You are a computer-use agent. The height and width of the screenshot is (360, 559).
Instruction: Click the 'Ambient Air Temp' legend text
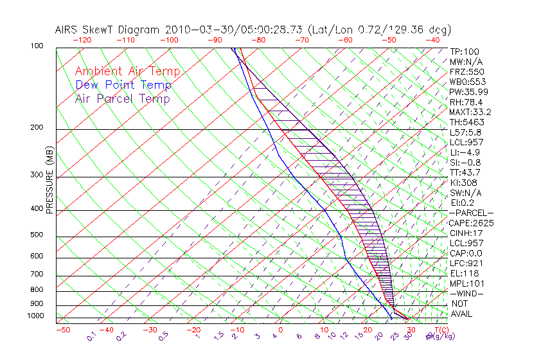pyautogui.click(x=127, y=71)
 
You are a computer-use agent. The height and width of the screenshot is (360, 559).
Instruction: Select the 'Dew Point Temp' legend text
pyautogui.click(x=123, y=85)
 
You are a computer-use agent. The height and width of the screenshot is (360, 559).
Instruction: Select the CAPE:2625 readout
pyautogui.click(x=472, y=223)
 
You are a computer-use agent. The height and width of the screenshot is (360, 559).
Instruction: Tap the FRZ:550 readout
pyautogui.click(x=468, y=71)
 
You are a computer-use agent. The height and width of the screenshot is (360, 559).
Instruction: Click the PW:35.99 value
pyautogui.click(x=470, y=92)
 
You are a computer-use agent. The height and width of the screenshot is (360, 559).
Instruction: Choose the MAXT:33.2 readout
pyautogui.click(x=472, y=112)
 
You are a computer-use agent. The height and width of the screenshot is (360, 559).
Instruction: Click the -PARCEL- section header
pyautogui.click(x=472, y=213)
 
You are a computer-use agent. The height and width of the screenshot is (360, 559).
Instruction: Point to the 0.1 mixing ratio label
pyautogui.click(x=92, y=336)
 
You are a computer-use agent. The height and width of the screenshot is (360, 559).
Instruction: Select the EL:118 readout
pyautogui.click(x=465, y=273)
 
